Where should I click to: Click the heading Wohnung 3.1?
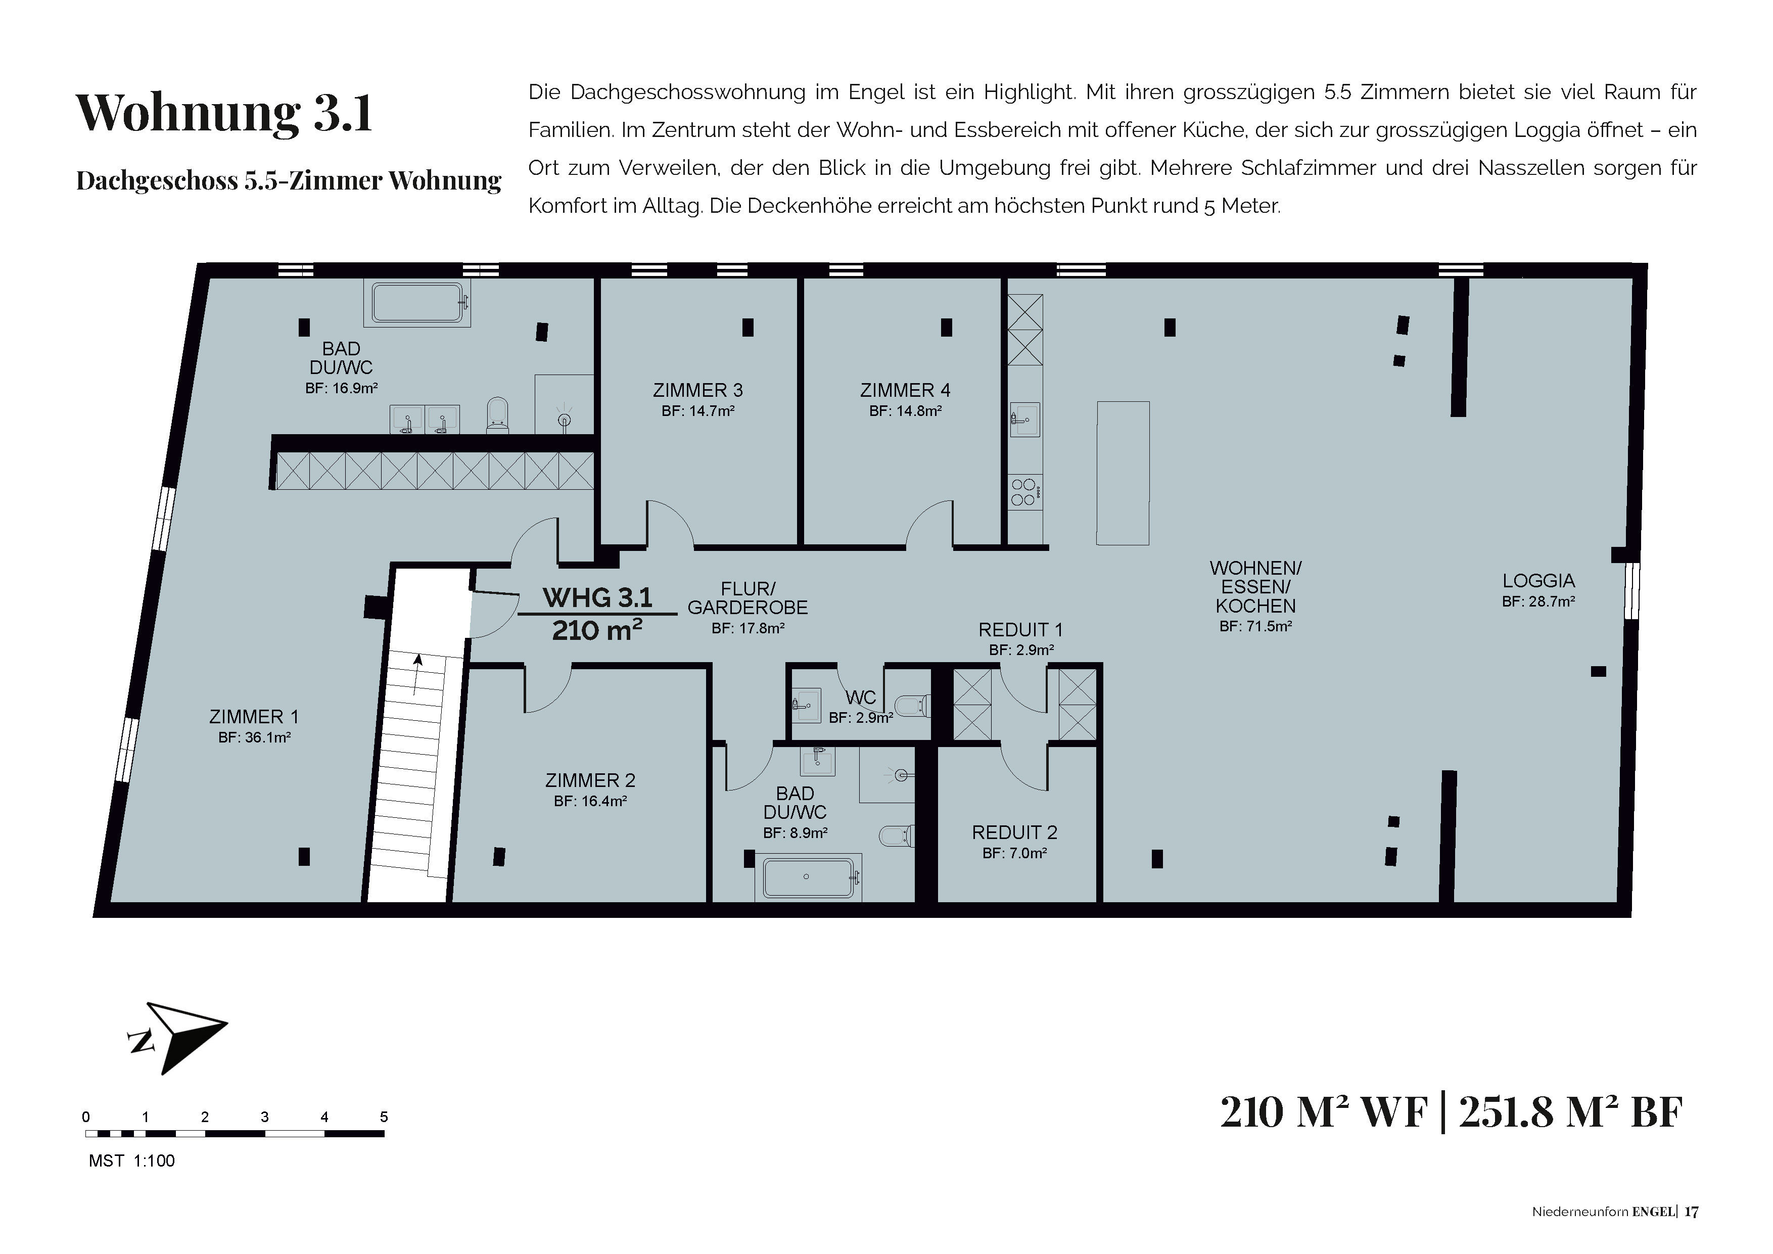(x=224, y=113)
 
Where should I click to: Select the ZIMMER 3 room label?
(x=698, y=391)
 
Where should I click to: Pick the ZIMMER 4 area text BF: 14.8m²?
(x=905, y=411)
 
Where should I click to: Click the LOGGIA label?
(x=1538, y=581)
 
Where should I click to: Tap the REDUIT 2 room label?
(x=1015, y=832)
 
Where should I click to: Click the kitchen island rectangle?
(x=1124, y=473)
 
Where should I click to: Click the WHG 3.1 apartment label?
(x=598, y=597)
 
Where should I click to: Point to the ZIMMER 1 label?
(x=254, y=717)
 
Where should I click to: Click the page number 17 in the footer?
(x=1691, y=1212)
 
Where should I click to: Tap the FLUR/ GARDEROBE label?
(x=748, y=598)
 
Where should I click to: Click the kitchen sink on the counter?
(x=1025, y=420)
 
